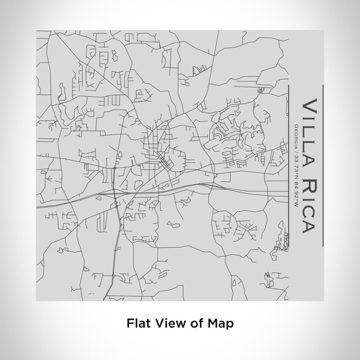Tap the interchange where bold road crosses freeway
click(114, 193)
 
